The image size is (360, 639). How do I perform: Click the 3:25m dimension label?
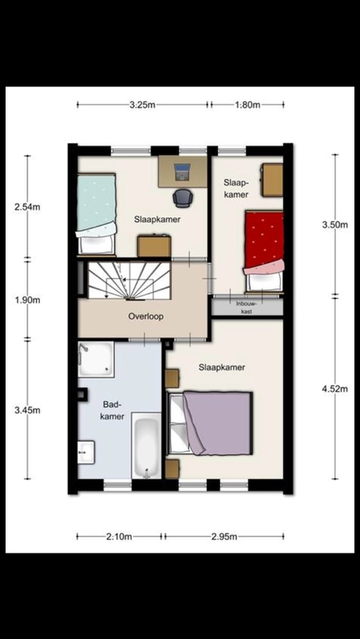pos(142,105)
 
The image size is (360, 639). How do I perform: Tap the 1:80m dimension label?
pos(247,105)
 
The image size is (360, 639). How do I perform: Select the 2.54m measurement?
pos(27,207)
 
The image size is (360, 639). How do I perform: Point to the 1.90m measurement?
pos(27,300)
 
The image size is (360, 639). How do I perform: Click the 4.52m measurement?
pos(335,389)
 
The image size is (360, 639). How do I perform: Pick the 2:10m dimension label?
pos(119,537)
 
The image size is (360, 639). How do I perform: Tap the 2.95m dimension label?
pos(224,537)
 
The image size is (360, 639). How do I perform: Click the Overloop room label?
pos(146,316)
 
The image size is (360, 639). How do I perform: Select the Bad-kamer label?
pos(113,411)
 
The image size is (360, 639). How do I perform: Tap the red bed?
pos(263,251)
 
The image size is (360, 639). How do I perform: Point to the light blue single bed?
pos(96,214)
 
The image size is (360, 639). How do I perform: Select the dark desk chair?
pos(182,198)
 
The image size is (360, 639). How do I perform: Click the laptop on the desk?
pos(182,172)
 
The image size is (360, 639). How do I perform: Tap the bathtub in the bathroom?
pos(147,446)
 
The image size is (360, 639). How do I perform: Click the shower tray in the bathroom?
pos(96,359)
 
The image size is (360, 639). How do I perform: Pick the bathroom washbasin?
pos(86,452)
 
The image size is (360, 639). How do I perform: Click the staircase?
pos(129,281)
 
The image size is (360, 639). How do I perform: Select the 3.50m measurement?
pos(335,224)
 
